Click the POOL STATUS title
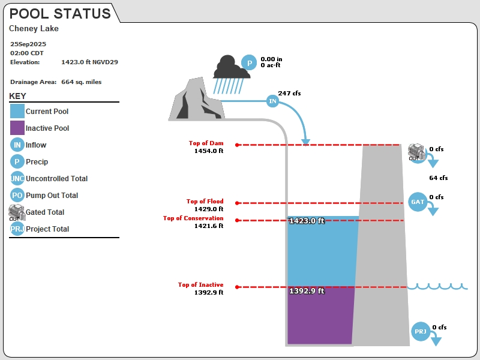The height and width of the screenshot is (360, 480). click(60, 13)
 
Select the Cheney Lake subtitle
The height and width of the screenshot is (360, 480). click(34, 28)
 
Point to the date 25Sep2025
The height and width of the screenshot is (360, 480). click(28, 44)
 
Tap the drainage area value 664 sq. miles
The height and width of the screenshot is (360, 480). click(81, 82)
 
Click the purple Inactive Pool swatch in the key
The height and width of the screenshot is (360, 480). click(17, 128)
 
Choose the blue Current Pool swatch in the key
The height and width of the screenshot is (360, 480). click(17, 111)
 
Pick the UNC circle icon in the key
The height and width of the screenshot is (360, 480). click(17, 178)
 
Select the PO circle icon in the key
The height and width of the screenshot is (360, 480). click(17, 195)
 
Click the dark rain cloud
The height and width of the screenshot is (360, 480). click(231, 67)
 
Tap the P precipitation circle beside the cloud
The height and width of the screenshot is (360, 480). click(249, 62)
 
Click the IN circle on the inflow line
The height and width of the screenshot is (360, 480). click(272, 101)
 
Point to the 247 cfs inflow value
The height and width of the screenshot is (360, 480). click(289, 93)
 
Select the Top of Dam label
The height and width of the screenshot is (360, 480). click(206, 143)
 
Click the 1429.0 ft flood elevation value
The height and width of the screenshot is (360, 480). click(209, 209)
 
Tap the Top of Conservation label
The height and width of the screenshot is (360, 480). click(193, 218)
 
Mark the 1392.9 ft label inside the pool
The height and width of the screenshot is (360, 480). click(307, 290)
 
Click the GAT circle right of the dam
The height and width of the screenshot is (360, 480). click(418, 202)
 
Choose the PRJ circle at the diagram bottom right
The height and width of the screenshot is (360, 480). click(421, 331)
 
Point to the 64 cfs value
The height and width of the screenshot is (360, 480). click(439, 178)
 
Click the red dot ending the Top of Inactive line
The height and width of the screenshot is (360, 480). click(237, 287)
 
